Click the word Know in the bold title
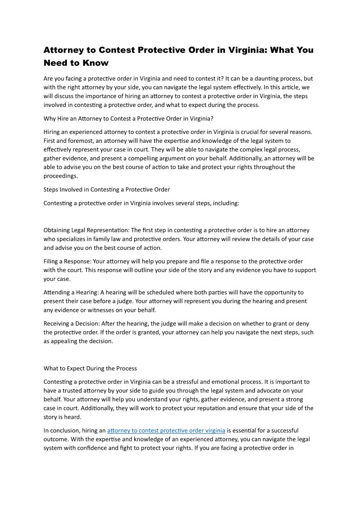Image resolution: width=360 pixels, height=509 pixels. click(x=96, y=63)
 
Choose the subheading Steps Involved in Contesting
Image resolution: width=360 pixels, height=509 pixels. click(x=107, y=189)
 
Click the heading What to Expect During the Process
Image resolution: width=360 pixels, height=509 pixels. click(x=90, y=368)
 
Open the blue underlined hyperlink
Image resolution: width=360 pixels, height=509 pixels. click(x=166, y=431)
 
